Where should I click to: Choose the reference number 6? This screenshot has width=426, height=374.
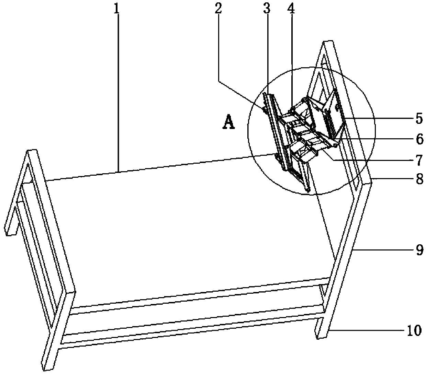tap(419, 139)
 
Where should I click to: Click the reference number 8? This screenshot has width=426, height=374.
tap(419, 179)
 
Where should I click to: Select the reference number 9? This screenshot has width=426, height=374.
tap(419, 250)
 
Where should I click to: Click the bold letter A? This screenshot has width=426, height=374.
tap(228, 122)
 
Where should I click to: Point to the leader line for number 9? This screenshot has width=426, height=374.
tap(381, 250)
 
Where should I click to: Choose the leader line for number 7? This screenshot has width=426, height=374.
tap(371, 159)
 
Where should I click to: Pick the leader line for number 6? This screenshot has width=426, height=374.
tap(378, 139)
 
